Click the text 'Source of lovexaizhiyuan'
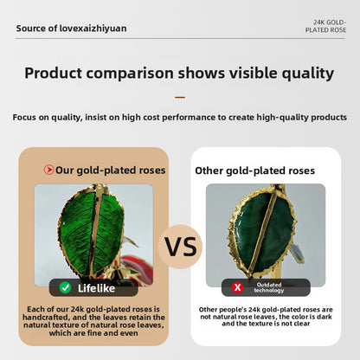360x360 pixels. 71,29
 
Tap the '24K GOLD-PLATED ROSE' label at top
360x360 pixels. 325,26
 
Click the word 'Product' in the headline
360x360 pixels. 54,73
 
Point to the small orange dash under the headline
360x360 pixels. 180,98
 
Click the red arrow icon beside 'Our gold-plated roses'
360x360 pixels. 48,170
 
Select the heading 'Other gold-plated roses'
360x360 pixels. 254,170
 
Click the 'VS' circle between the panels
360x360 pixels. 180,247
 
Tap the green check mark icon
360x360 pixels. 66,287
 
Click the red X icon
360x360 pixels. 237,287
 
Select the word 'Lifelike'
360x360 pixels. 96,288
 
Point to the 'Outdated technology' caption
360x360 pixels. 269,287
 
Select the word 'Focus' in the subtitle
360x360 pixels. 24,118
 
